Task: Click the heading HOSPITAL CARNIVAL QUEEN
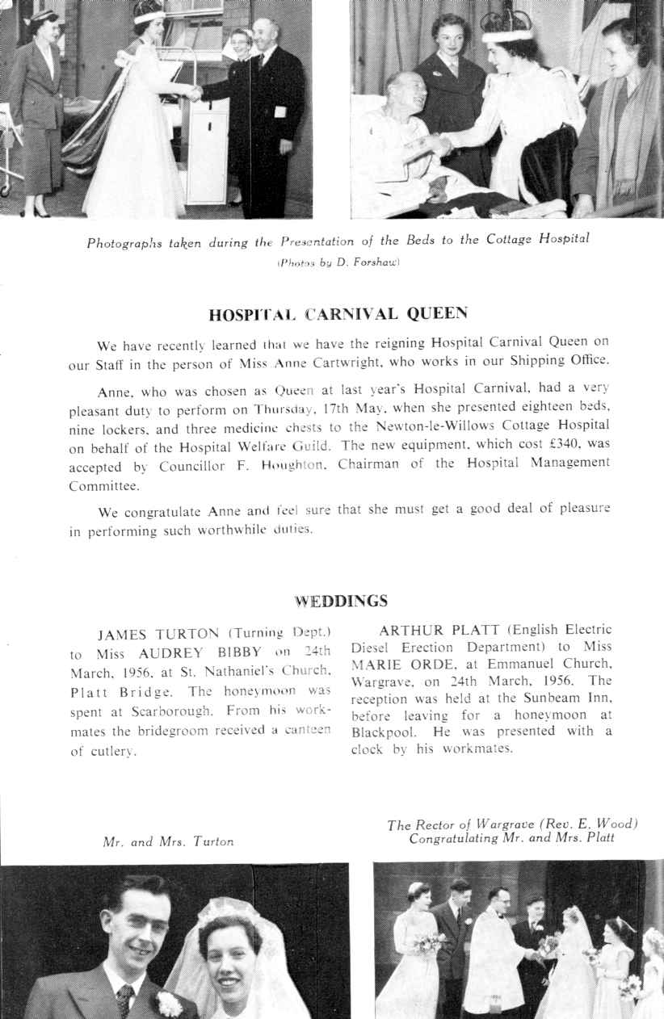339,313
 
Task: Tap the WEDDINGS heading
341,601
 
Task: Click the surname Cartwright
380,360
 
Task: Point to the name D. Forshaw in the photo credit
372,262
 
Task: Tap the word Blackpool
387,731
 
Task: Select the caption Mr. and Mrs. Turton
169,841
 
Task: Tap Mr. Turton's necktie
124,1001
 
